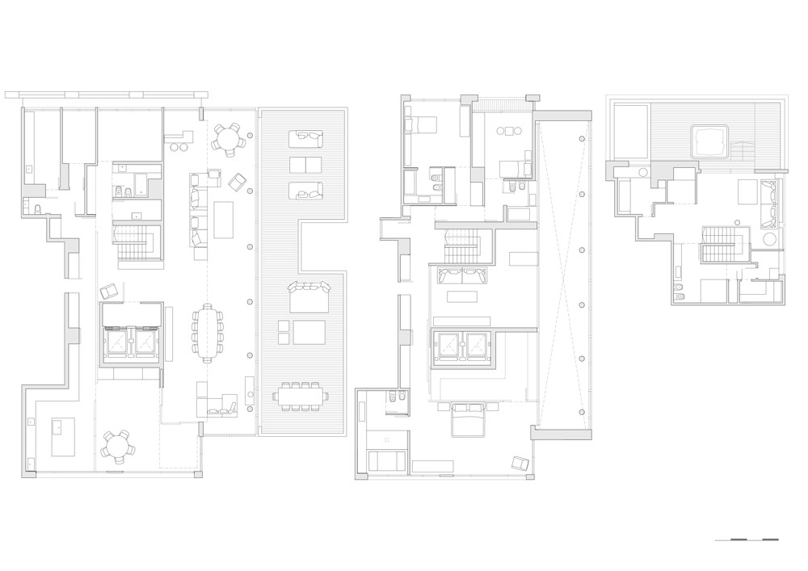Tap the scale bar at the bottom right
click(747, 539)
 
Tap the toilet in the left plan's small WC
click(38, 209)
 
